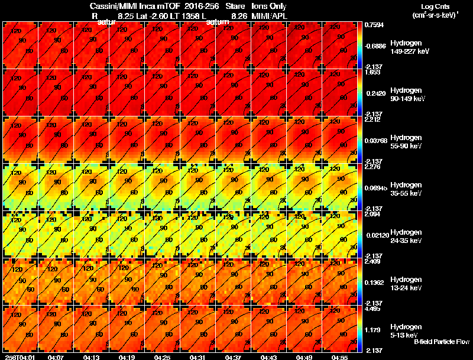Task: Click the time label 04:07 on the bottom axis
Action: pos(56,357)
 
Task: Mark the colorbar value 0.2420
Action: pos(374,93)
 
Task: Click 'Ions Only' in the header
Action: pos(270,7)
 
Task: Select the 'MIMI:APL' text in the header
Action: pos(272,16)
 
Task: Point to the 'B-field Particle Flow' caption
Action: pos(442,342)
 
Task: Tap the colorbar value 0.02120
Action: pos(375,235)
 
